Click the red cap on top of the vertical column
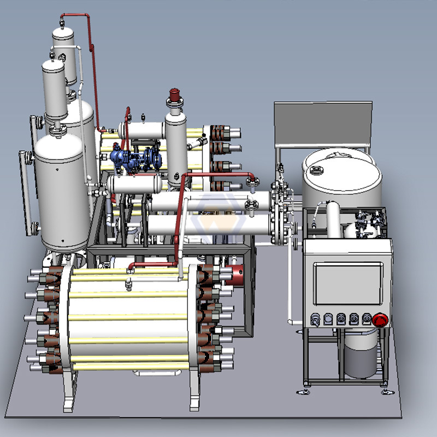pos(175,94)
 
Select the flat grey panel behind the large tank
pos(323,123)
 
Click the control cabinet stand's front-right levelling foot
pos(386,392)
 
